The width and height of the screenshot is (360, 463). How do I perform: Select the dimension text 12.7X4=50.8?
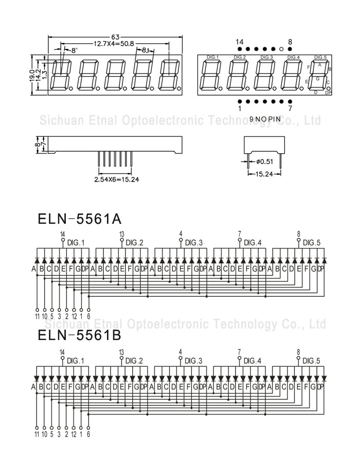point(114,44)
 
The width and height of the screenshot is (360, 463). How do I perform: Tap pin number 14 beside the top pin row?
point(240,42)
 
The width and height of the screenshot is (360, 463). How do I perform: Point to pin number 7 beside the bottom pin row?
point(290,109)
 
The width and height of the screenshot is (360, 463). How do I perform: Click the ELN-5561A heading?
point(80,219)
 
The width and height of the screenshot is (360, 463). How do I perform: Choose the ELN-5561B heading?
point(80,335)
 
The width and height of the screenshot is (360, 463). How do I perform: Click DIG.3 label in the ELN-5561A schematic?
point(194,243)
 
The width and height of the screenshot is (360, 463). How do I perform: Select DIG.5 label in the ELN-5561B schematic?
point(311,361)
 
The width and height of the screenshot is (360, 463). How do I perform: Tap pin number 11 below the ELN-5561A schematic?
point(37,316)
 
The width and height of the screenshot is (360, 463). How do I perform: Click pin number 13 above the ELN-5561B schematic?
point(122,352)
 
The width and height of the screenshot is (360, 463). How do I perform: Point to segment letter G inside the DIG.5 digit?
point(317,79)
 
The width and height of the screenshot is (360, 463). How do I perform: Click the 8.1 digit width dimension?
point(145,50)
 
